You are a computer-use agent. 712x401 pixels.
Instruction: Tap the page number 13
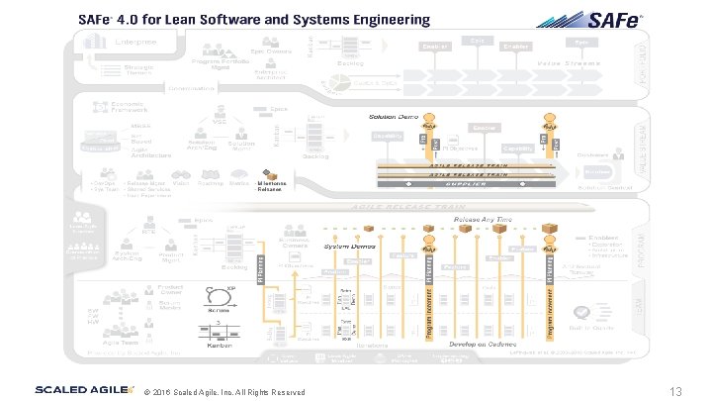(x=676, y=391)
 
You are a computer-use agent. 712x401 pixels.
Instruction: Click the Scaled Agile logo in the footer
(x=83, y=390)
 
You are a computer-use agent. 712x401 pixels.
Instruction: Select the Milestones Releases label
(x=270, y=186)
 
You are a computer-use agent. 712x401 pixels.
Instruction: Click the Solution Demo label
(x=394, y=117)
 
